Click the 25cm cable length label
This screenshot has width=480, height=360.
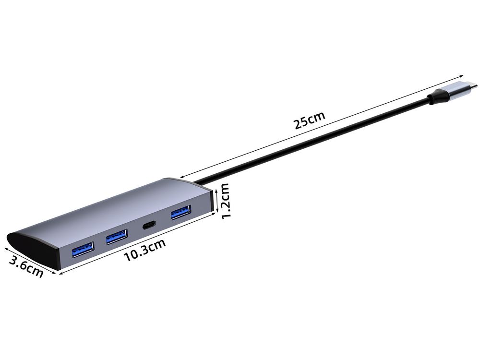pyautogui.click(x=309, y=120)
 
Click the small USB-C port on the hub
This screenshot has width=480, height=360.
pyautogui.click(x=149, y=225)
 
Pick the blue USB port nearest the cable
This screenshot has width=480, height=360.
pyautogui.click(x=181, y=212)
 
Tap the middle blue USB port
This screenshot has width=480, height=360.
pyautogui.click(x=117, y=236)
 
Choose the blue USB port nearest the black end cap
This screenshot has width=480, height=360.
pyautogui.click(x=83, y=249)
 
